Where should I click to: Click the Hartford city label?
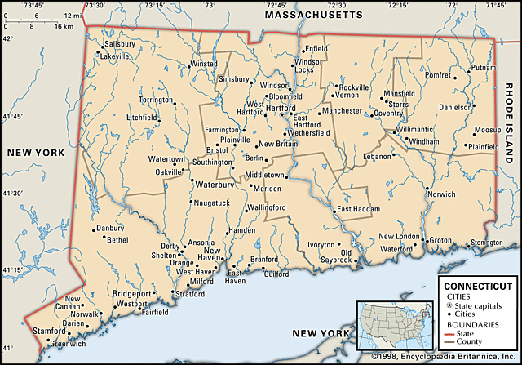point(280,107)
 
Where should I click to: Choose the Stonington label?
point(486,243)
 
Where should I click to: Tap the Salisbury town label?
point(119,43)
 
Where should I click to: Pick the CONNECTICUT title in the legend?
point(476,286)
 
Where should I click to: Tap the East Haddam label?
point(358,209)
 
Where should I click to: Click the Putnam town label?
point(483,67)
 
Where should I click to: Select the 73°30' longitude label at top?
point(95,6)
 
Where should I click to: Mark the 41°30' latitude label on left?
point(12,193)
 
